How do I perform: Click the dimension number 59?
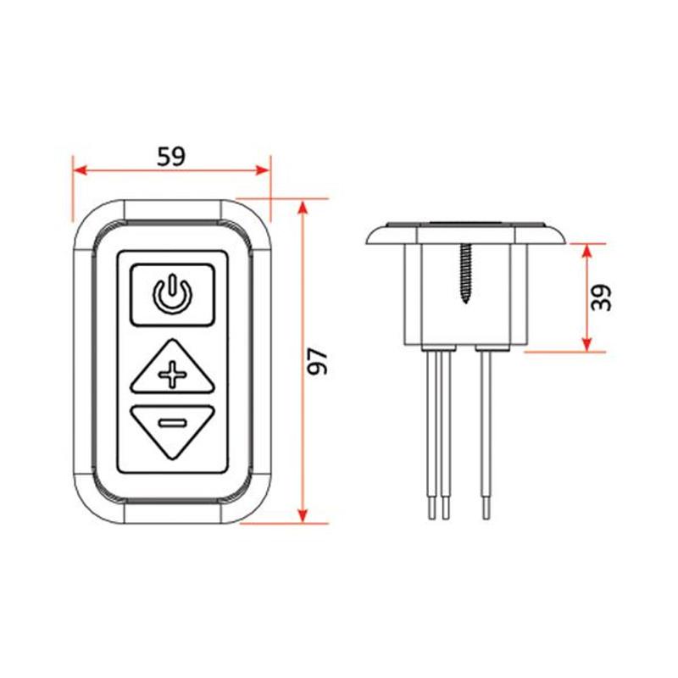pyautogui.click(x=171, y=157)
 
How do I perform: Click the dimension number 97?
pyautogui.click(x=318, y=361)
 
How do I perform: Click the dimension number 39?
pyautogui.click(x=602, y=297)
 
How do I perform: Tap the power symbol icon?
pyautogui.click(x=173, y=293)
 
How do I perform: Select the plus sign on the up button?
pyautogui.click(x=173, y=374)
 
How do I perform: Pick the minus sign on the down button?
pyautogui.click(x=173, y=422)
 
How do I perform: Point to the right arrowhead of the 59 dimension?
pyautogui.click(x=263, y=170)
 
